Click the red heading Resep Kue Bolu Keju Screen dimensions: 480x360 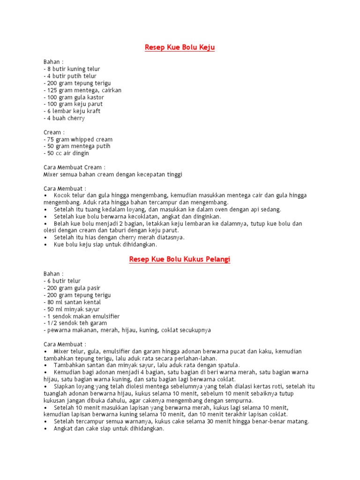180,48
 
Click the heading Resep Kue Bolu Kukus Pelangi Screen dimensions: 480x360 180,259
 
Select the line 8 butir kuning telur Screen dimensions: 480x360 72,69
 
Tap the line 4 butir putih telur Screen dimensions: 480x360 70,76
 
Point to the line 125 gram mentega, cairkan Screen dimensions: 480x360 82,90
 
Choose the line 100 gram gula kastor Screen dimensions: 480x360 74,97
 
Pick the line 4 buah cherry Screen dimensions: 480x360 64,118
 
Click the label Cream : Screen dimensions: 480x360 54,132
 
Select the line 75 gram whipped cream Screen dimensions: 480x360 78,139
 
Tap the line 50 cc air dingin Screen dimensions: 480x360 66,153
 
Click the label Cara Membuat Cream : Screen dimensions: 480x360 75,167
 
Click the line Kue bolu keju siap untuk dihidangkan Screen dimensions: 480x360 105,244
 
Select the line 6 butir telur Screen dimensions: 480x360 62,281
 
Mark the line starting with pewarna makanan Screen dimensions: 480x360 127,330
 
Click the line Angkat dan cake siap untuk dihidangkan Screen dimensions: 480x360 109,428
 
